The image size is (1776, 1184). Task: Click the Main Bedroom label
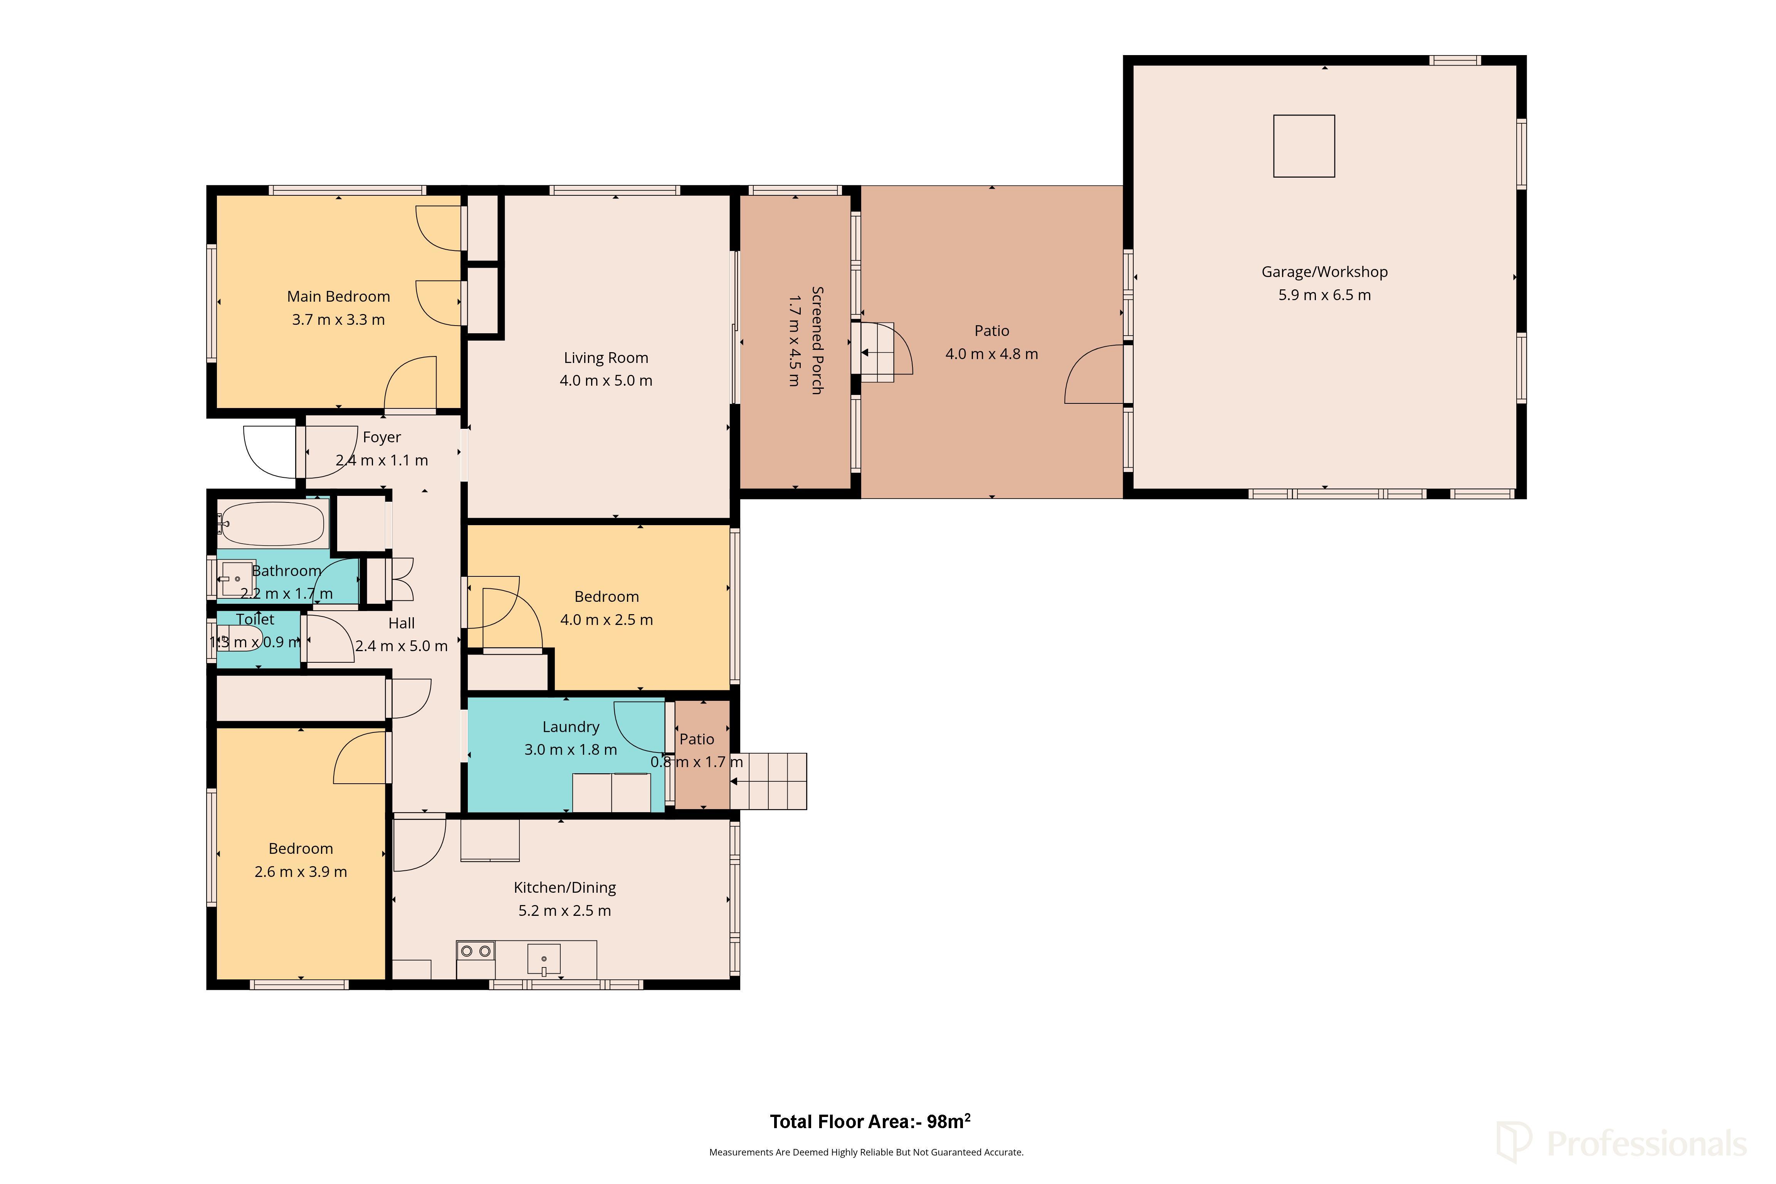[338, 297]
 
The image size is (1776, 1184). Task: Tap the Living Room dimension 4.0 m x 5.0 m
[606, 381]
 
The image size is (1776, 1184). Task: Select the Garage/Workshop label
[1324, 272]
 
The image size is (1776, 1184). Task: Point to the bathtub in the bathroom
[272, 523]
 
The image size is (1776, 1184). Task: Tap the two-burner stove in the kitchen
[476, 951]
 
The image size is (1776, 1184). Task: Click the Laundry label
[571, 727]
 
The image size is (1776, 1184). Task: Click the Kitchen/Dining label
[565, 888]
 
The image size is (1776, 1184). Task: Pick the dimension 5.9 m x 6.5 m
[1324, 295]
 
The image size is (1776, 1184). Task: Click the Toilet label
[255, 619]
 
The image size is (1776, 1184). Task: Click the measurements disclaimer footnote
[866, 1152]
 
